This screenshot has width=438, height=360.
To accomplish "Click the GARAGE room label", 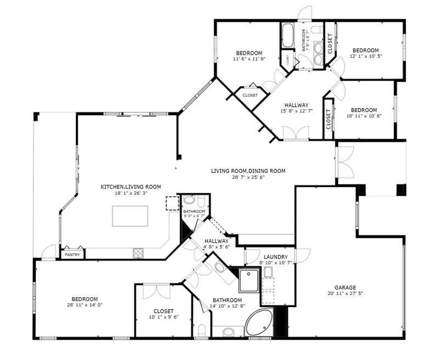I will [345, 287].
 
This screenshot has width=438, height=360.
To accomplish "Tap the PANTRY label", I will [72, 255].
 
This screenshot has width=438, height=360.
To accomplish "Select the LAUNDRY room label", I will [276, 257].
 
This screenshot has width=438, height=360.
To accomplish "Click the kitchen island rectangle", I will [130, 216].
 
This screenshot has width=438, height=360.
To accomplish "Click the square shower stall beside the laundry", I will [249, 280].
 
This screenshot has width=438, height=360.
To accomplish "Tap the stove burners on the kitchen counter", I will [138, 253].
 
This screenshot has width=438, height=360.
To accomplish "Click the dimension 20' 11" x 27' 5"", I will [345, 293].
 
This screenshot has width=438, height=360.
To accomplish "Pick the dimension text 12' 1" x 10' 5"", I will [366, 56].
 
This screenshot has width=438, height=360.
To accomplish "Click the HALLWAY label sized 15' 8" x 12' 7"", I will [296, 105].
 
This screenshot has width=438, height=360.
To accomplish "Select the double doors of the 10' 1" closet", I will [156, 291].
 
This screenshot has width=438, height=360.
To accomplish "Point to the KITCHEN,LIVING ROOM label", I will [130, 187].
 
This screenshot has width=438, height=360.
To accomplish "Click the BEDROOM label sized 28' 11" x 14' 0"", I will [85, 299].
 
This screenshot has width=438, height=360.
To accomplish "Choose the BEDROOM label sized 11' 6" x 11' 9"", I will [248, 53].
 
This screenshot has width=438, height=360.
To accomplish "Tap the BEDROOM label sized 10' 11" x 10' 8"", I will [364, 110].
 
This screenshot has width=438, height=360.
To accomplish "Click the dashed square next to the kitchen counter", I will [172, 204].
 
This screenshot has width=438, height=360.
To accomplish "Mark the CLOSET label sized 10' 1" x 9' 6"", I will [163, 311].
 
